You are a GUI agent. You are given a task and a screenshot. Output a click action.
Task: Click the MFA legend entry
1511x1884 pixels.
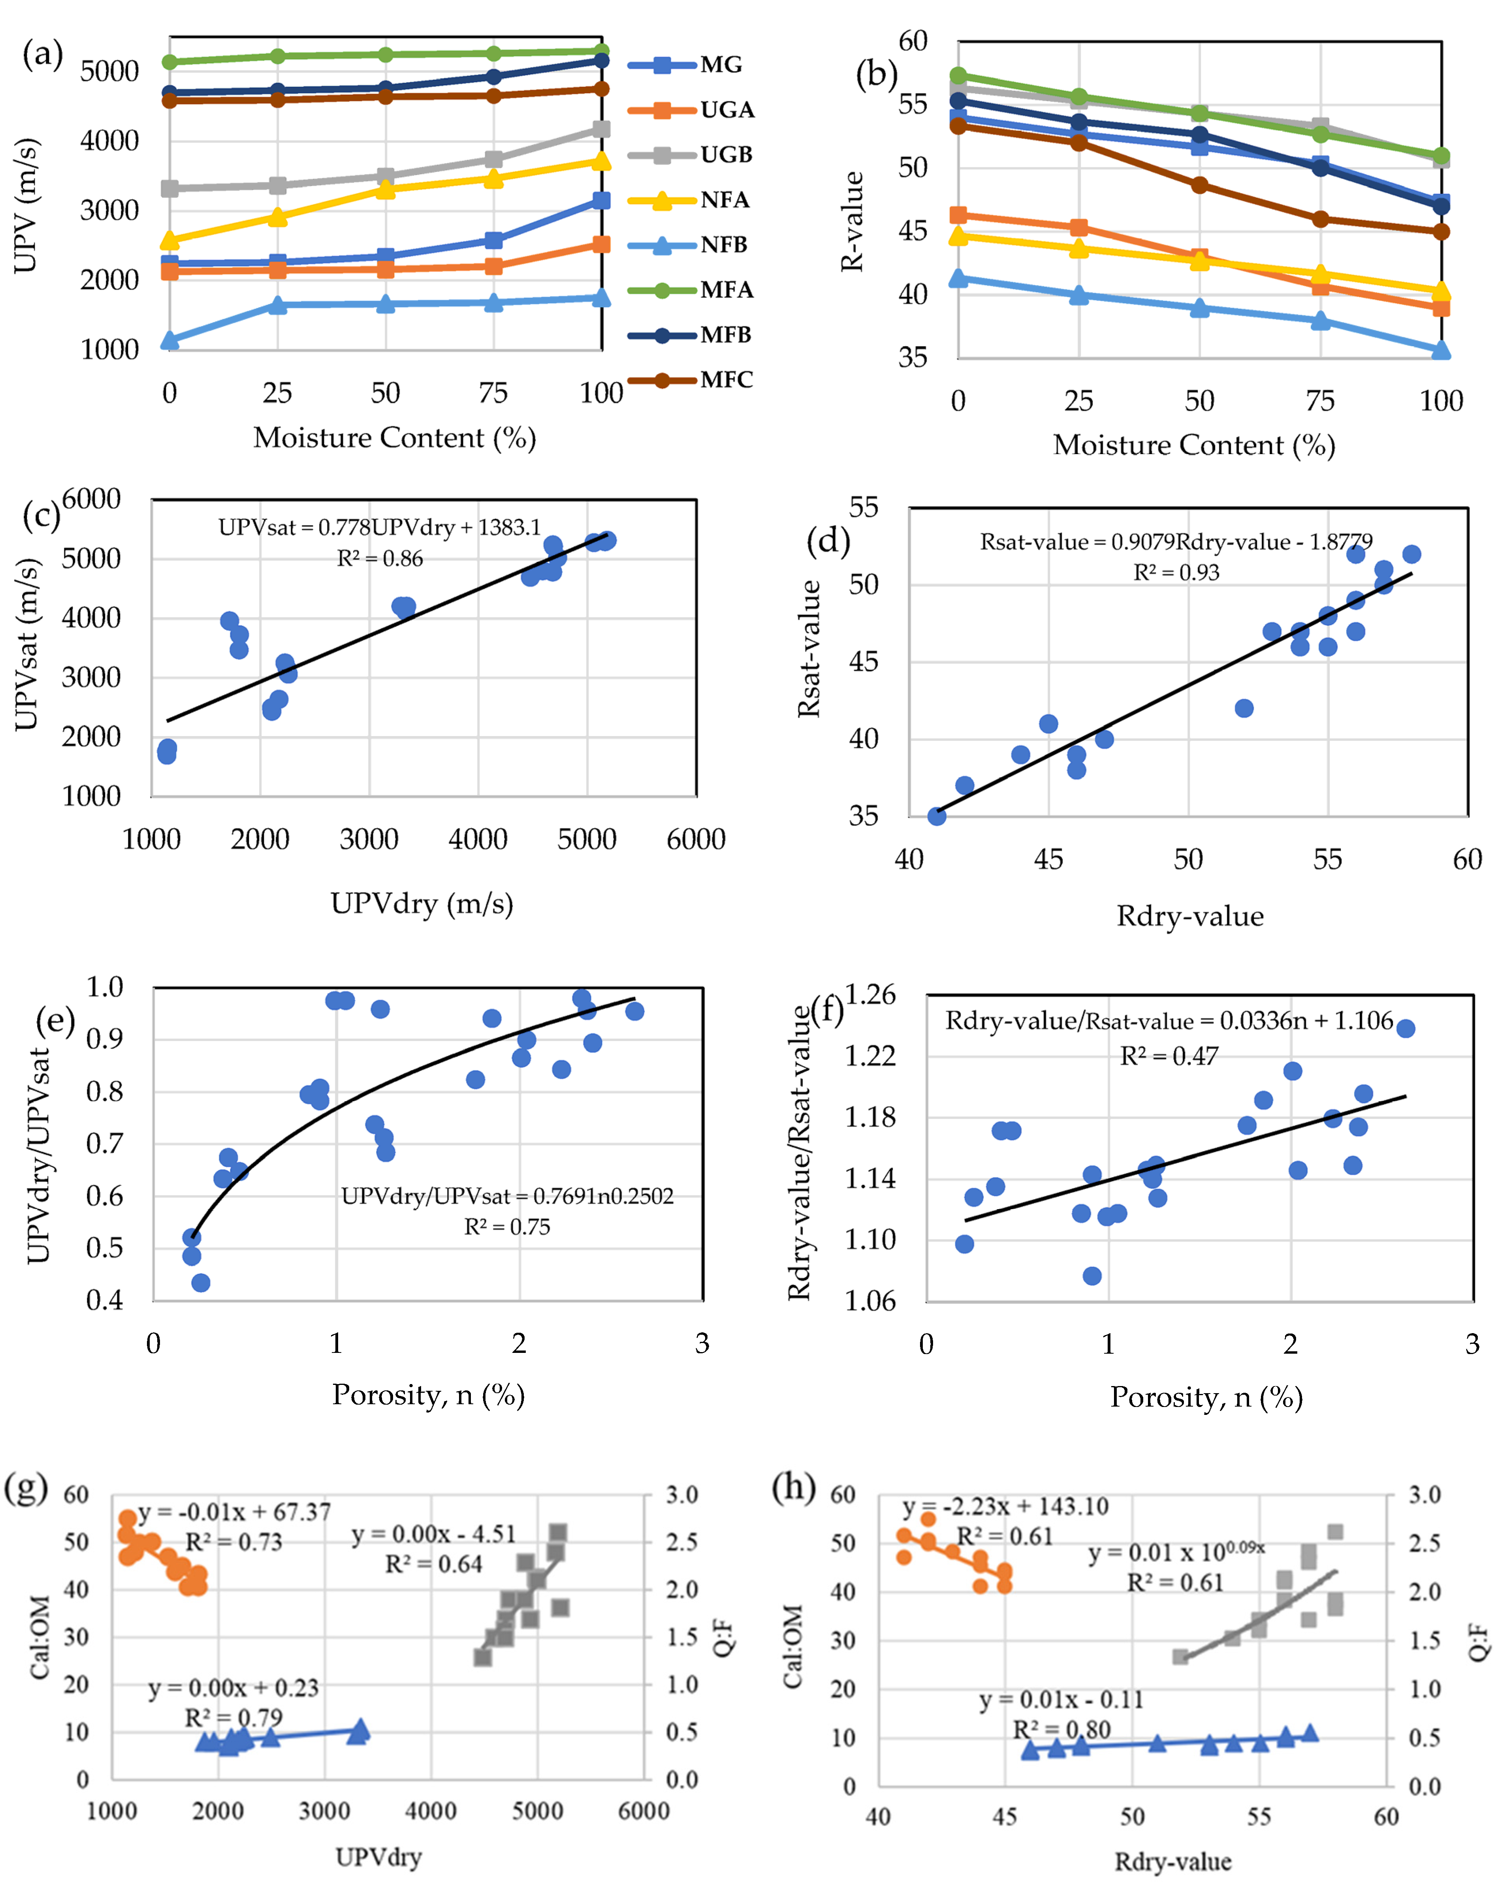coord(691,290)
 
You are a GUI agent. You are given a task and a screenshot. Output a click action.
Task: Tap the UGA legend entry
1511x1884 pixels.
coord(691,110)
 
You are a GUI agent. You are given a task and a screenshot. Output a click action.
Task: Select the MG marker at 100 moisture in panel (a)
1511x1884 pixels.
coord(601,200)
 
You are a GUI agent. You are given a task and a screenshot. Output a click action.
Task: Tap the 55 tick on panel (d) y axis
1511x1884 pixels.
coord(864,508)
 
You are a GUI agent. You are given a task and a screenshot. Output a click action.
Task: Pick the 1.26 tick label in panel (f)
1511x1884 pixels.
coord(870,994)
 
